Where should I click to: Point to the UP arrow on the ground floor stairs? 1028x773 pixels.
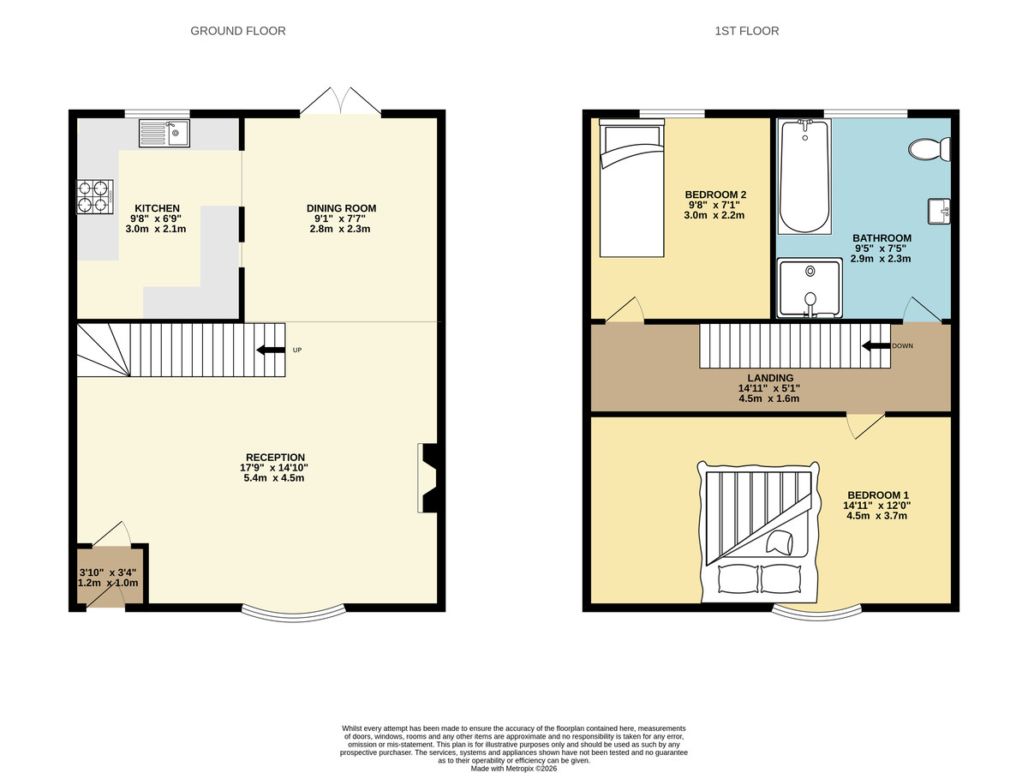pos(272,350)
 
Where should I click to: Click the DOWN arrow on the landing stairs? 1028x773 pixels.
pos(876,346)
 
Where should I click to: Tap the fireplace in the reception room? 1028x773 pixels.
pos(427,478)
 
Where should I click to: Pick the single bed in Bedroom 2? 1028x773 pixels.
pos(631,189)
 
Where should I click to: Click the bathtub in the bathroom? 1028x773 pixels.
pos(804,177)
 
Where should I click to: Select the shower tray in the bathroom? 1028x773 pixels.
pos(808,288)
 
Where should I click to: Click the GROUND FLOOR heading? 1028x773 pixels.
pos(237,31)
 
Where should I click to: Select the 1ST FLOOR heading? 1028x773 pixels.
pos(746,31)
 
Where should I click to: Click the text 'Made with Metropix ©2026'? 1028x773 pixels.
pos(514,768)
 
